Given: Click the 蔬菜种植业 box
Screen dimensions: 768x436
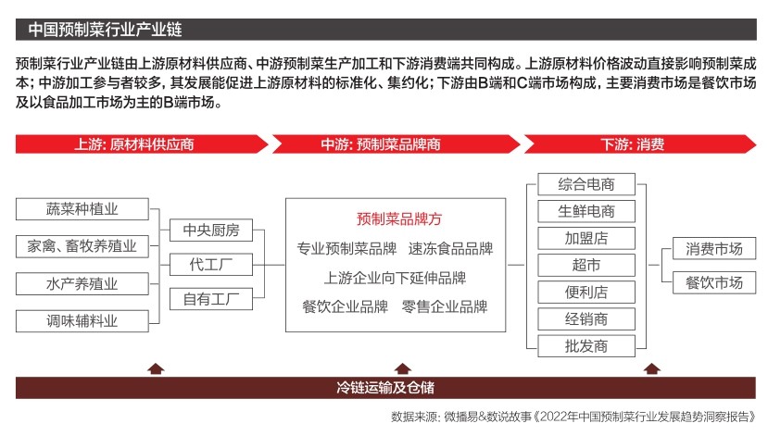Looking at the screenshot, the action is point(82,208).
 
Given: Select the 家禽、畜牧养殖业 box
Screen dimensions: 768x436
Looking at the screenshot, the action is point(82,246).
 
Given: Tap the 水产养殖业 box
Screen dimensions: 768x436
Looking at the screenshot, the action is point(82,283).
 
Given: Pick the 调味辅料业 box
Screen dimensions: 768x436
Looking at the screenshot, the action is point(82,321).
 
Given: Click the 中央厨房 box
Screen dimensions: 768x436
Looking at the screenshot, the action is point(211,230).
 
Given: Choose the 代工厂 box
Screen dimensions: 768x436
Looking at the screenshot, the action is point(211,265).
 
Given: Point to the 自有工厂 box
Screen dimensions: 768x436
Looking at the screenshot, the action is point(211,299).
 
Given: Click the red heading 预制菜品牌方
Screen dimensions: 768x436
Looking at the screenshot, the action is point(399,219).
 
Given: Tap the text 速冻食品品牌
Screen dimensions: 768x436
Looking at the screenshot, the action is point(450,248).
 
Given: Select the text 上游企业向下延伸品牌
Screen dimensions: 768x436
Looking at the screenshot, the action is point(396,277).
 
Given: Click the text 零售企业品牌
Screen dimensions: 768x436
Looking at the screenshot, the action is point(445,305).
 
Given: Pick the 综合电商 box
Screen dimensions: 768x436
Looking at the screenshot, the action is point(586,183).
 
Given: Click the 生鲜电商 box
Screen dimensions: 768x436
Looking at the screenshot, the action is point(586,210).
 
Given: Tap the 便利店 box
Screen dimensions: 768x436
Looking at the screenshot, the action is point(586,292).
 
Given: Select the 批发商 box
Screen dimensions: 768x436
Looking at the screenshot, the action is point(586,346).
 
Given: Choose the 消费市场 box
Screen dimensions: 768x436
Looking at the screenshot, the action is point(714,248).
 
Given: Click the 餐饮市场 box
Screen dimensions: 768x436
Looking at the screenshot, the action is point(714,282).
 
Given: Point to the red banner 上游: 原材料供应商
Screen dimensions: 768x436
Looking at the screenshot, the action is point(135,144).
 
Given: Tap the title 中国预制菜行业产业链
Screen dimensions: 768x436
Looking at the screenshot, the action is point(83,28).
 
